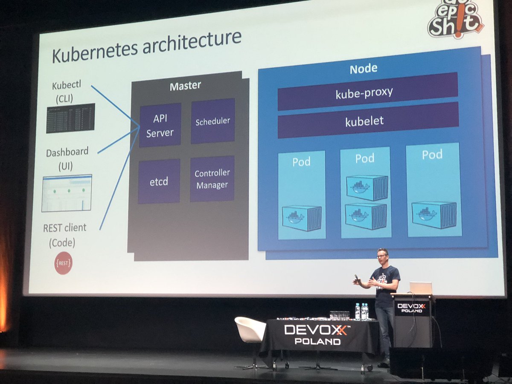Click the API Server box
160,125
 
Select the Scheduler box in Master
212,121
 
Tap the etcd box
159,181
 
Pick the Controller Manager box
212,179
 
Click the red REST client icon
63,263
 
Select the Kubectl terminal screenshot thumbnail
70,118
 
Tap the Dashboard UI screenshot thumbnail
67,193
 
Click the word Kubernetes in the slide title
93,53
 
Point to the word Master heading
185,86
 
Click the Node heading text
363,69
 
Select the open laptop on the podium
420,288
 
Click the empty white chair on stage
250,330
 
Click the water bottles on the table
361,311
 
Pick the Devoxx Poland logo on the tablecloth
315,334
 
